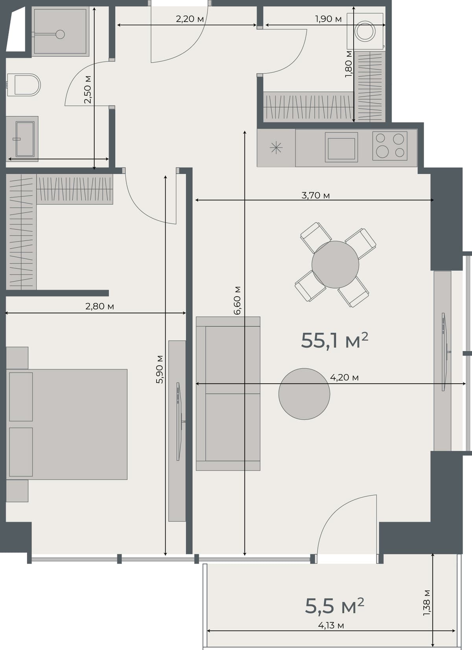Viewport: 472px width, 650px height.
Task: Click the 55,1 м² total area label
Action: pos(334,340)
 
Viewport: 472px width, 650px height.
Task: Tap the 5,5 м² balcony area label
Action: pos(334,606)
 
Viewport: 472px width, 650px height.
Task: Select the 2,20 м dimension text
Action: pos(190,19)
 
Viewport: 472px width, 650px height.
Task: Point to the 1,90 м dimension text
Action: pos(328,19)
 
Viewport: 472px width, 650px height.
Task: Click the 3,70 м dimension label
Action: pos(315,195)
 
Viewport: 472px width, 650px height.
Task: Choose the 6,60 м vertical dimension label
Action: pos(237,300)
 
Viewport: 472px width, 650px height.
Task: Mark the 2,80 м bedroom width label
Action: pos(100,306)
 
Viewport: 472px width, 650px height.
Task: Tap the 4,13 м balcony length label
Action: pos(331,625)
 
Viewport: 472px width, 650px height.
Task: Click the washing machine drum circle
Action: pos(365,31)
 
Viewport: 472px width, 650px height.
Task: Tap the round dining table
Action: pos(335,265)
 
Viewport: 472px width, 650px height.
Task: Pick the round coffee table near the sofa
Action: pos(304,394)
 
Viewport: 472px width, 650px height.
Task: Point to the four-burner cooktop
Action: pos(390,146)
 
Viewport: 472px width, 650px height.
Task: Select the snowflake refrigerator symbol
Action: pos(276,148)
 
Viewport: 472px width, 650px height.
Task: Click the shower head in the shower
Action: pos(60,34)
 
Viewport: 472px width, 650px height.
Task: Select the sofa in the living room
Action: pos(228,393)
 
